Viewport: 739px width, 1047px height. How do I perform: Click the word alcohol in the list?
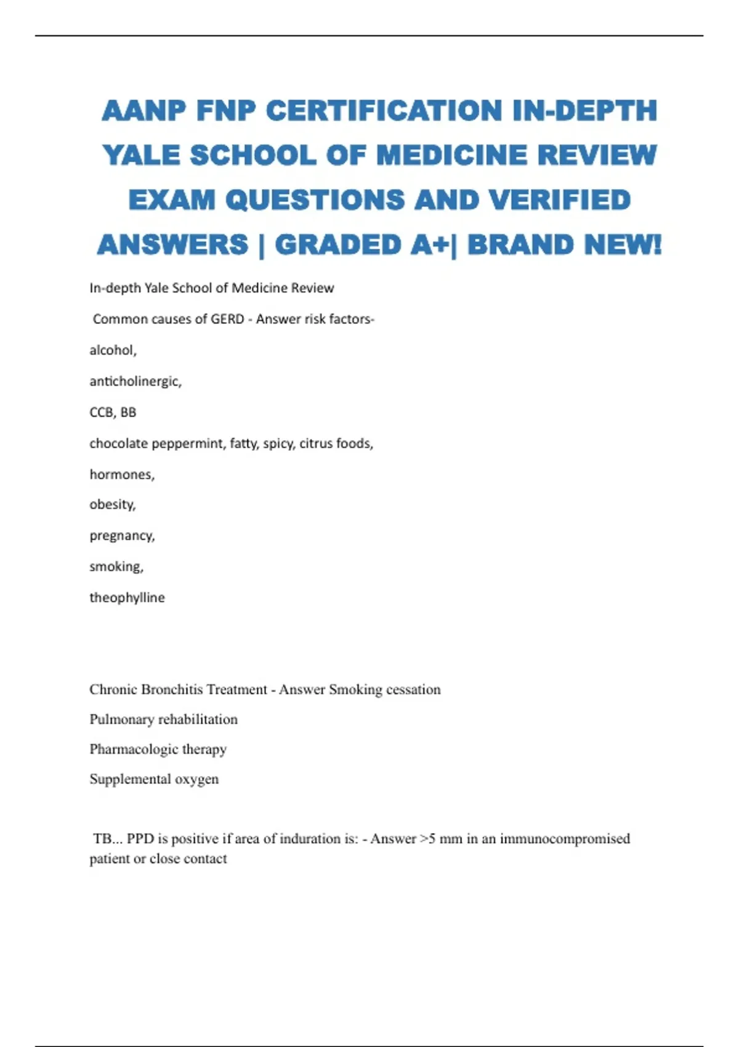pyautogui.click(x=112, y=350)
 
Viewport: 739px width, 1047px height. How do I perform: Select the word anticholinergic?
pyautogui.click(x=135, y=382)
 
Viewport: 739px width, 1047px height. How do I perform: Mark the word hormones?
pyautogui.click(x=121, y=475)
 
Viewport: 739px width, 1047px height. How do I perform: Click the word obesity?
pyautogui.click(x=112, y=504)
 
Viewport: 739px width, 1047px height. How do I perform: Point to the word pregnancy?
pyautogui.click(x=121, y=536)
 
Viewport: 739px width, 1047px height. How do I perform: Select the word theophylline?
pyautogui.click(x=127, y=598)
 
